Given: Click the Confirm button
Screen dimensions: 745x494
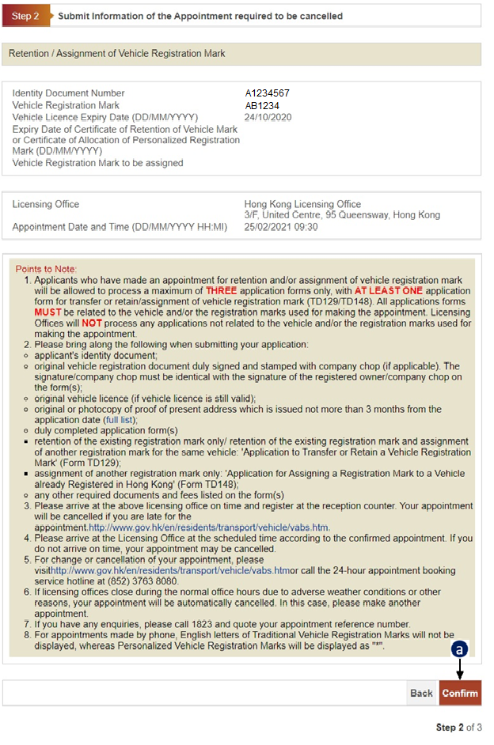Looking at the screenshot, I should (x=460, y=693).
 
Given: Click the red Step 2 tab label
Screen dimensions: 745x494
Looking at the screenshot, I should (x=25, y=16).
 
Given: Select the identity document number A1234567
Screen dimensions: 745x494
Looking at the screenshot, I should (x=268, y=93).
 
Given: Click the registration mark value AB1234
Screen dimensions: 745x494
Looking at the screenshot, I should (x=262, y=105).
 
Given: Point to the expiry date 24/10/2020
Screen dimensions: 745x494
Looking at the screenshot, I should (x=268, y=117).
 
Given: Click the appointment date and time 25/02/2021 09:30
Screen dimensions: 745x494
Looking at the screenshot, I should (x=281, y=227).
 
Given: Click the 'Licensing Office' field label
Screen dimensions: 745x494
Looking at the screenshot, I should (x=46, y=204).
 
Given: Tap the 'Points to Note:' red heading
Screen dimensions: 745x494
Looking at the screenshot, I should (x=46, y=270).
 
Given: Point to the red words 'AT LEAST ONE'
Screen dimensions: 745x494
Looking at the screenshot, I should (x=388, y=290).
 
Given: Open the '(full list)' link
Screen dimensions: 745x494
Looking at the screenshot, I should (x=120, y=420).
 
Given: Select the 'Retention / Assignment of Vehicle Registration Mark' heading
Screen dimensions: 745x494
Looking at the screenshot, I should (x=117, y=54).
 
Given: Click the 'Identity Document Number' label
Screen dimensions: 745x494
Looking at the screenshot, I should (x=68, y=93).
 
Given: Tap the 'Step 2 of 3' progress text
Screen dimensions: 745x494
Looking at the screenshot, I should (x=458, y=727).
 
